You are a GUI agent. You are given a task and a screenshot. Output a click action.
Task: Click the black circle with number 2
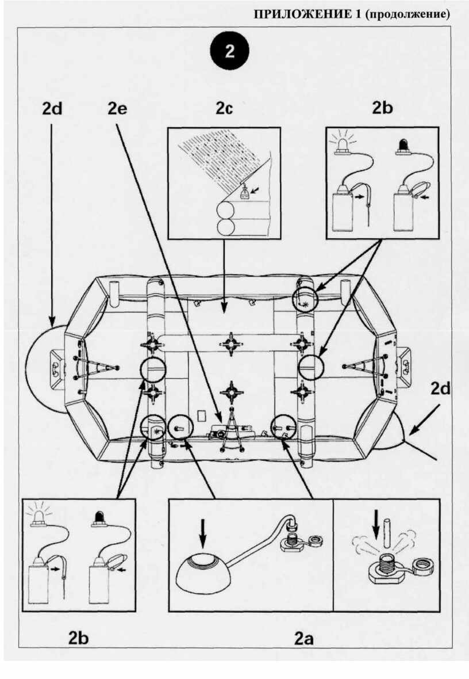pyautogui.click(x=229, y=51)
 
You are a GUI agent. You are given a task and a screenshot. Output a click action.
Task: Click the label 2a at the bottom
pyautogui.click(x=305, y=638)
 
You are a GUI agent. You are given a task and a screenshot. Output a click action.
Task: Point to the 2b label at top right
pyautogui.click(x=384, y=109)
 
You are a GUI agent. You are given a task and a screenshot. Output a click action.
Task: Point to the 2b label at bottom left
pyautogui.click(x=79, y=638)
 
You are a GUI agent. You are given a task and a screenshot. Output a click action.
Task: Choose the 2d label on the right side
pyautogui.click(x=441, y=388)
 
